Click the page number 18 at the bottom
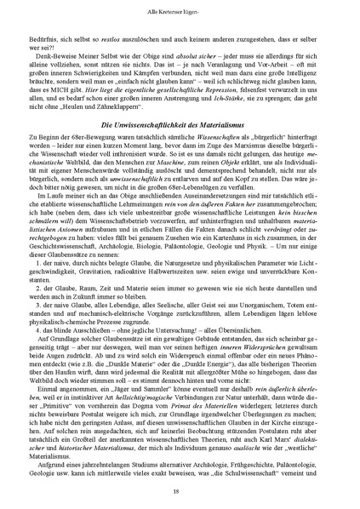tap(180, 492)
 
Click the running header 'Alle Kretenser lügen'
tap(180, 7)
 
